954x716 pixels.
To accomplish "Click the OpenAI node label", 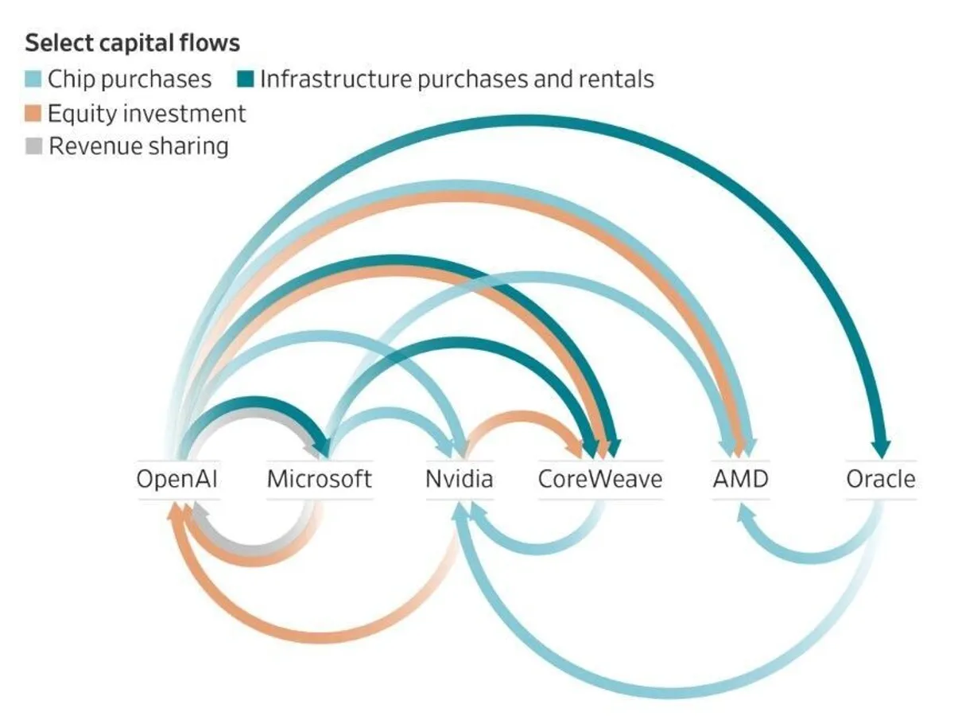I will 176,479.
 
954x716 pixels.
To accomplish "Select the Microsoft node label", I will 319,479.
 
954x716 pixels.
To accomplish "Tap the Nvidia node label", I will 459,479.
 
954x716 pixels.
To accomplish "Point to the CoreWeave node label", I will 599,479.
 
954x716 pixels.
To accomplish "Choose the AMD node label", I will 740,479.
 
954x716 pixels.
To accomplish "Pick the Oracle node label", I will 880,479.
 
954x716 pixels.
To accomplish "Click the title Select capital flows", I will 133,42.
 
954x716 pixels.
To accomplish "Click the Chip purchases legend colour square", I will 33,80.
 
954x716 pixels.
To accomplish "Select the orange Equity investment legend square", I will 33,114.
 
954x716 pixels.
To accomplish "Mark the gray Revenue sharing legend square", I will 33,147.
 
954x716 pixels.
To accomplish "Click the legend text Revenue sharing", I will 138,147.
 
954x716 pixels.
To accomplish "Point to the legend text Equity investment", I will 146,114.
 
